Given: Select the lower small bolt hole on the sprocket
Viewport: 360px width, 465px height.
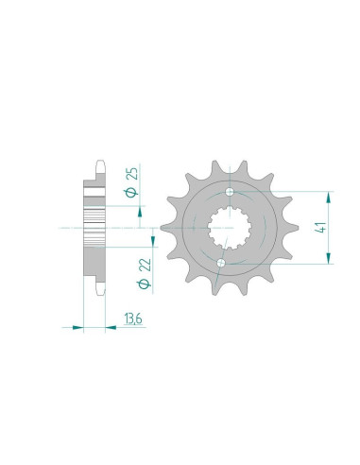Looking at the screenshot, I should pos(220,262).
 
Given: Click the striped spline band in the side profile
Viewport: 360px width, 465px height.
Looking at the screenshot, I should pos(94,228).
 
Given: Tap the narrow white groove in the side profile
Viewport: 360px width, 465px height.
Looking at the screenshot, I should pos(94,193).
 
